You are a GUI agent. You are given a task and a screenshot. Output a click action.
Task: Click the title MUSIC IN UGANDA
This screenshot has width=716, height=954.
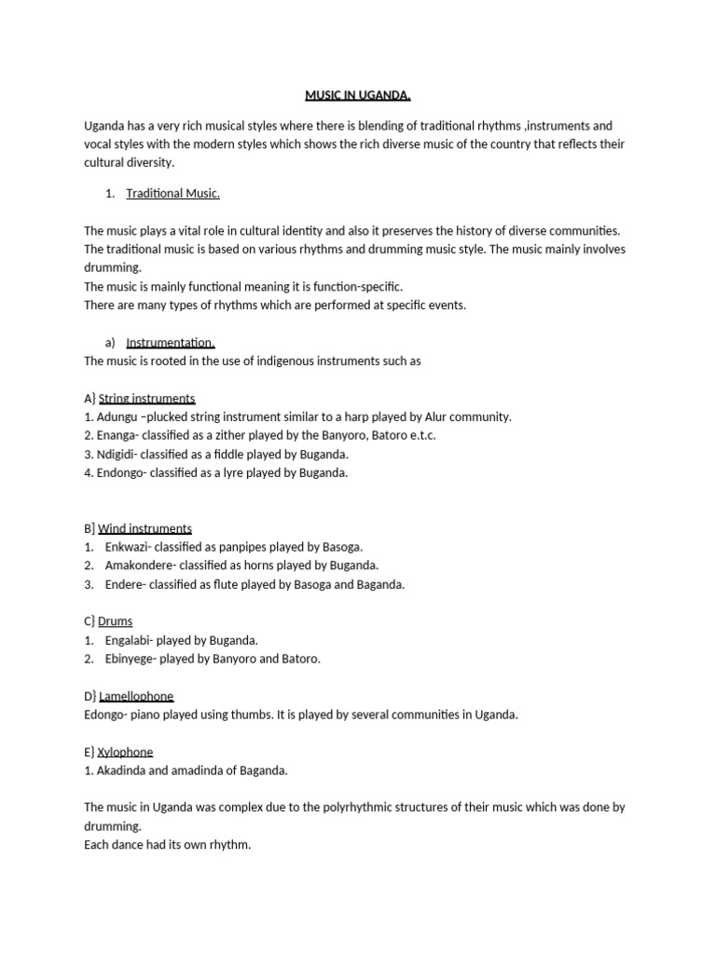pyautogui.click(x=358, y=95)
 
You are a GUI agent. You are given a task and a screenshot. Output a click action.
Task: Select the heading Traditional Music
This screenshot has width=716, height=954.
pyautogui.click(x=172, y=194)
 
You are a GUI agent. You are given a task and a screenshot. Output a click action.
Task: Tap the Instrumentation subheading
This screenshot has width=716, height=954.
pyautogui.click(x=171, y=343)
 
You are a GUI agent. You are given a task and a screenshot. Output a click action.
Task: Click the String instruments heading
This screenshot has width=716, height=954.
pyautogui.click(x=146, y=399)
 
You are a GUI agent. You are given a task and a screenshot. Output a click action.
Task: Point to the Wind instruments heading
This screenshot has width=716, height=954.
pyautogui.click(x=145, y=529)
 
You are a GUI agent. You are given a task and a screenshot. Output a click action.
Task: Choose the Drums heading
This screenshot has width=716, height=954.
pyautogui.click(x=115, y=621)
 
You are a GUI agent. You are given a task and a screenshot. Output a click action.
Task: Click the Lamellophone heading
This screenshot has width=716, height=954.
pyautogui.click(x=135, y=696)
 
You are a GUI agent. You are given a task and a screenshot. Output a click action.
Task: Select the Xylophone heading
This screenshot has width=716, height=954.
pyautogui.click(x=125, y=752)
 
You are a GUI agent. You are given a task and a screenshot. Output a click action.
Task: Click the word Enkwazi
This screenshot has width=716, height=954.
pyautogui.click(x=130, y=547)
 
